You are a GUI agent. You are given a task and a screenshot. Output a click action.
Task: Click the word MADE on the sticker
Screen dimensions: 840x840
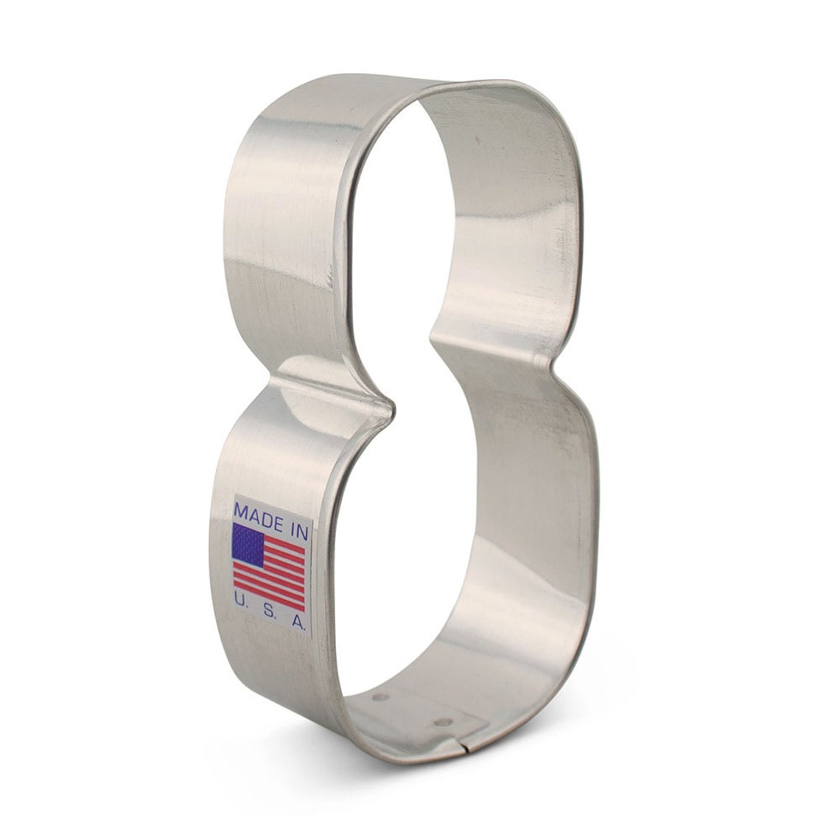tap(257, 514)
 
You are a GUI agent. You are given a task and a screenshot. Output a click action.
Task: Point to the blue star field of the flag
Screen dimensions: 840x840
tap(248, 545)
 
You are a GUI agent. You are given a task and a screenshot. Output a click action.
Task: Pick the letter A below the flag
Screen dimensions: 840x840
tap(298, 623)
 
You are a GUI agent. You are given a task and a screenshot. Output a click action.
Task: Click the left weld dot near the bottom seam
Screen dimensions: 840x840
tap(381, 698)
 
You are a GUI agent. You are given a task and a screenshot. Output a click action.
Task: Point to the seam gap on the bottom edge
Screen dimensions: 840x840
tap(465, 741)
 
